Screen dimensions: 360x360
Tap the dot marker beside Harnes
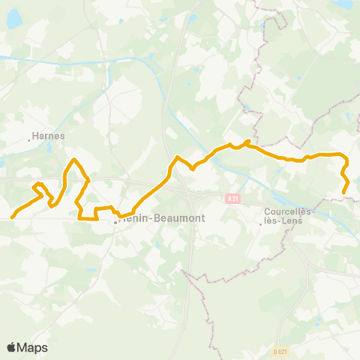tap(30, 139)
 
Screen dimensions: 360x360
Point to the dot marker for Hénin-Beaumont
tap(115, 223)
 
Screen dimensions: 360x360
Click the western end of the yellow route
tap(11, 217)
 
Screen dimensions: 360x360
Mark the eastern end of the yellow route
tap(344, 193)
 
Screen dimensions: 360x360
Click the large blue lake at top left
tap(14, 19)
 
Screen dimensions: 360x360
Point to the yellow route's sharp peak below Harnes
tap(73, 160)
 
